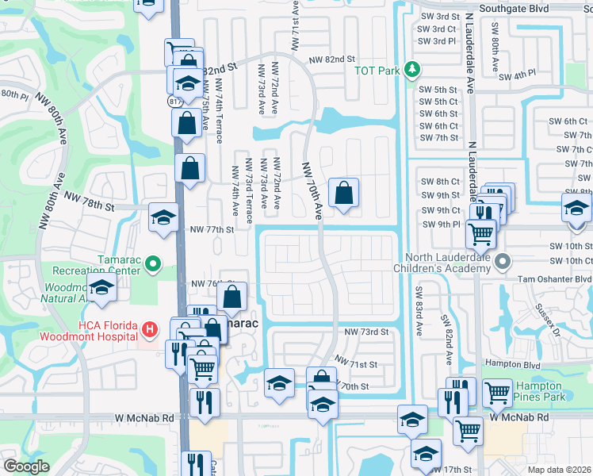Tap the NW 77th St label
point(212,229)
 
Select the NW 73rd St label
point(366,331)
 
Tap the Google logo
point(26,466)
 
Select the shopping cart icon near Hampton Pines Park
point(497,392)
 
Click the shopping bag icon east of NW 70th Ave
point(343,193)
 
